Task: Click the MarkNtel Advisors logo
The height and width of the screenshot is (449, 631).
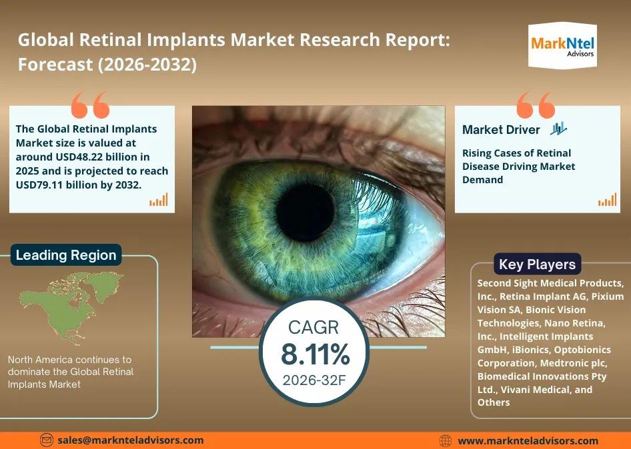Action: click(x=562, y=45)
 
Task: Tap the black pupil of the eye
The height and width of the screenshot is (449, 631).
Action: click(x=305, y=212)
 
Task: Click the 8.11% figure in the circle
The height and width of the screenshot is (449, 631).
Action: click(x=315, y=354)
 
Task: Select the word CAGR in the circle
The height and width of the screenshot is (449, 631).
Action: click(x=313, y=328)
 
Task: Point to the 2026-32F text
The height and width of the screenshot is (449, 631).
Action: click(x=314, y=380)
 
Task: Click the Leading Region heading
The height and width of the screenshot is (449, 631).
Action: click(x=66, y=255)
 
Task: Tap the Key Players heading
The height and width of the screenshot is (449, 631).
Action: click(x=537, y=264)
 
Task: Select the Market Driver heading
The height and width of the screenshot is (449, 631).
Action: click(x=501, y=129)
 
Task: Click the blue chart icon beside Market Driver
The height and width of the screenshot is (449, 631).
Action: click(x=558, y=129)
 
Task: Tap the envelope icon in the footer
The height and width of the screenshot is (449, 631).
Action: click(x=47, y=440)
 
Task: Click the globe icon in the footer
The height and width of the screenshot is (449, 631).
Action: click(x=445, y=441)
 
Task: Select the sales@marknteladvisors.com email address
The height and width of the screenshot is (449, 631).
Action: click(x=130, y=440)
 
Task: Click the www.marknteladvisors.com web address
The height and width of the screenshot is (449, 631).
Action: click(x=528, y=441)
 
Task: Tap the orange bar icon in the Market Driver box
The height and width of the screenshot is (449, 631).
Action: click(x=607, y=200)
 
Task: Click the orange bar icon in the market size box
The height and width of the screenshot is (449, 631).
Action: click(x=159, y=200)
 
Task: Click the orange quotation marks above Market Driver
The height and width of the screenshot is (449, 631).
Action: click(x=536, y=105)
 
